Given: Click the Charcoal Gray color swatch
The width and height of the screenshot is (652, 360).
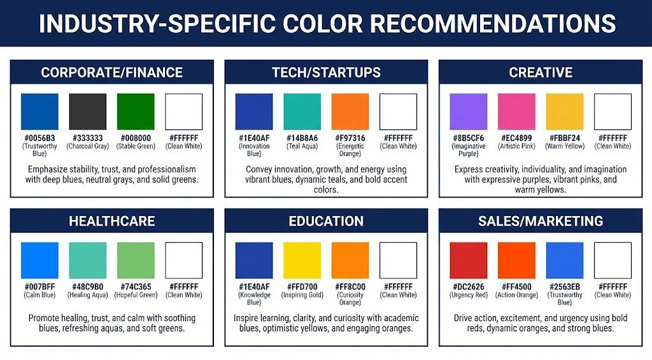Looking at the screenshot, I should (x=87, y=112).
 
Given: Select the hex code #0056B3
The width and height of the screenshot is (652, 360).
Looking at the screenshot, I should (x=39, y=138).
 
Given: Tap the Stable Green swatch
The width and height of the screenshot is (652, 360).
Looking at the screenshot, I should (x=136, y=112).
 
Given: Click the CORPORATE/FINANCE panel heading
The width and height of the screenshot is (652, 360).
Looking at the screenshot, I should (x=112, y=73).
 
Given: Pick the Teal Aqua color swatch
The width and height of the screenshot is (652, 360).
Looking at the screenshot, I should (x=302, y=112).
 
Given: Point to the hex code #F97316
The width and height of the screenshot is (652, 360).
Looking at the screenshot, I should (x=350, y=138).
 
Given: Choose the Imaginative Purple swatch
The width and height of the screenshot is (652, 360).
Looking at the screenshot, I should (x=468, y=112).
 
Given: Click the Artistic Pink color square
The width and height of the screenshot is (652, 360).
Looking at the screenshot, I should (x=516, y=112).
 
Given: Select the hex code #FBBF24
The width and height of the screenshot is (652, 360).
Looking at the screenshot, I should (x=564, y=138).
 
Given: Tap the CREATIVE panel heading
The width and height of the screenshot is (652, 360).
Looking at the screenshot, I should (x=541, y=73).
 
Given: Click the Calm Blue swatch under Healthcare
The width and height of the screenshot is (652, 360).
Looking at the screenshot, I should (x=39, y=261).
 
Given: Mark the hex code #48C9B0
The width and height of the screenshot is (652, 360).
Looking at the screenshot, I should (x=87, y=287).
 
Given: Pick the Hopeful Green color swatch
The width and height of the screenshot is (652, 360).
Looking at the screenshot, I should (x=136, y=261).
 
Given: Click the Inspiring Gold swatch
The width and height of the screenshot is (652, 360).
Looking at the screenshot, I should (x=302, y=261).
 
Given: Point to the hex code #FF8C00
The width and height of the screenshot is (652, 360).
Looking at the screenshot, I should (x=350, y=287).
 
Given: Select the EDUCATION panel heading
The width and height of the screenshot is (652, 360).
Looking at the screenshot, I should (x=326, y=222).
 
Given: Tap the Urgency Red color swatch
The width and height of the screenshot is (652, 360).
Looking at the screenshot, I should (x=468, y=261).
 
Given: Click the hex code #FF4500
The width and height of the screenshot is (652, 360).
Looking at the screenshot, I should (x=516, y=287).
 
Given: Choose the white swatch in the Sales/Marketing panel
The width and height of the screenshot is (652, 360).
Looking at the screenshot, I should (x=613, y=261).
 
